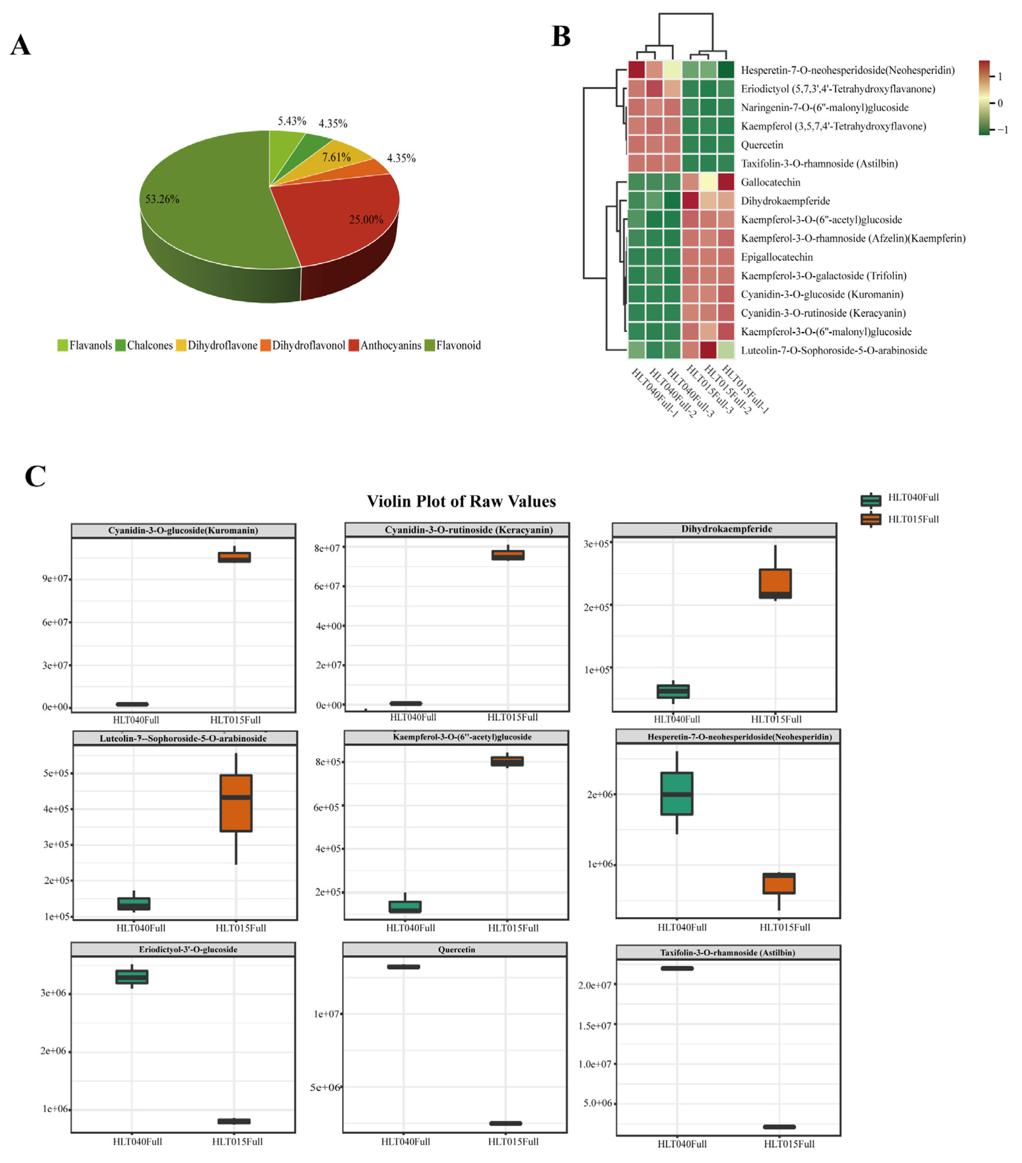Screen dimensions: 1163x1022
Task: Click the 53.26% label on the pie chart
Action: pos(162,199)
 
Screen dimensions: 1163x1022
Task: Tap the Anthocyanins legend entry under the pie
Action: pos(390,345)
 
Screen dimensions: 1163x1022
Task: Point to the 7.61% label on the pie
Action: pos(336,157)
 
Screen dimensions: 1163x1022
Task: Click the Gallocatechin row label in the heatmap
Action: pos(771,182)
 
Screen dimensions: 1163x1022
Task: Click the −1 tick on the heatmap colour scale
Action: pos(1003,130)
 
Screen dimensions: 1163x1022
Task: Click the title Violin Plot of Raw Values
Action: pos(461,501)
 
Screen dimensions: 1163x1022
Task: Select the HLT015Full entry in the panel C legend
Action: pos(913,519)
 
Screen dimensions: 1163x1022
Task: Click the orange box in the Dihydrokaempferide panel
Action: pos(775,583)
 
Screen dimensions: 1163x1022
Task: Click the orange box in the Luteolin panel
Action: pos(236,803)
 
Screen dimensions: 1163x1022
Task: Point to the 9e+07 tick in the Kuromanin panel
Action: pos(55,579)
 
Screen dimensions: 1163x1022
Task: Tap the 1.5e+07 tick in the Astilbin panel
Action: pos(595,1026)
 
